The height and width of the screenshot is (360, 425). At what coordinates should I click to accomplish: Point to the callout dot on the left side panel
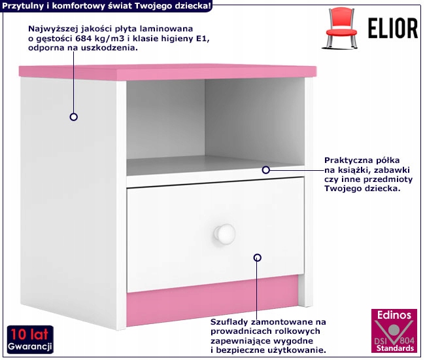[74, 117]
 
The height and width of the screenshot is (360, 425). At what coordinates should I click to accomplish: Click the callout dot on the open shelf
[266, 170]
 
